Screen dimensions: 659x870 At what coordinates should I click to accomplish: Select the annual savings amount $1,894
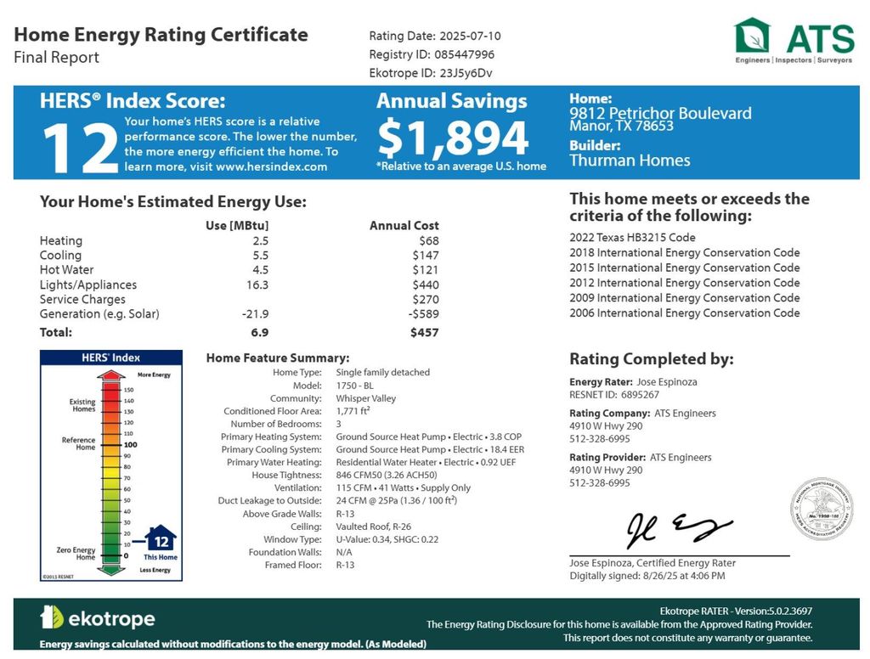click(x=453, y=138)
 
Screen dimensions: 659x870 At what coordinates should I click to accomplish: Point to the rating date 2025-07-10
click(x=470, y=36)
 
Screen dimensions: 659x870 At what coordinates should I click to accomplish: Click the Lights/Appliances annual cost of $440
click(x=425, y=285)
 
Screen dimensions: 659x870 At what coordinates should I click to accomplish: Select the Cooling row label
click(x=60, y=256)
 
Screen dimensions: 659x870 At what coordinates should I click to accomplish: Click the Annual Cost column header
click(x=404, y=226)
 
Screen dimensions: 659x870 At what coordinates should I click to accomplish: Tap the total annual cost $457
click(x=424, y=333)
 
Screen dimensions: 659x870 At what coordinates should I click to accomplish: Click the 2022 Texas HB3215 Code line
click(x=632, y=238)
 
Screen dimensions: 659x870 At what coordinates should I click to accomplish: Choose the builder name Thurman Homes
click(x=630, y=161)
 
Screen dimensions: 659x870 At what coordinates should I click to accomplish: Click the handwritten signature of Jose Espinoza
click(x=677, y=531)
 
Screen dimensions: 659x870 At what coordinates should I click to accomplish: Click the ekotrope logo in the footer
click(x=98, y=617)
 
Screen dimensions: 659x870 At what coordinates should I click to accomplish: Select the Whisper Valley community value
click(x=365, y=398)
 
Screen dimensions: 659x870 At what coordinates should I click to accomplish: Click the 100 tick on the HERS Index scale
click(x=130, y=444)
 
